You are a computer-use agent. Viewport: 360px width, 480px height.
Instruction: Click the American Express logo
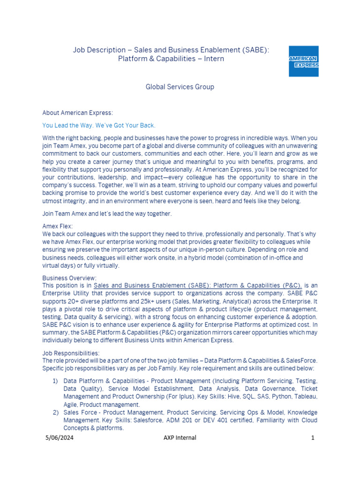[x=303, y=61]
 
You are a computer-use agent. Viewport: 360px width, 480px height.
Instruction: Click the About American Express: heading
[x=77, y=113]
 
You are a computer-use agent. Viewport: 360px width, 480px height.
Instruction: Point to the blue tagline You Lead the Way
[x=98, y=126]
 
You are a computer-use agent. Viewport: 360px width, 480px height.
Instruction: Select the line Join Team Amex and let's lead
[x=107, y=214]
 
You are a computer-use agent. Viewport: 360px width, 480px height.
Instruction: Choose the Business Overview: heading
[x=69, y=278]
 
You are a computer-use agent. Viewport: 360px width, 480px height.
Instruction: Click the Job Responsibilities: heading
[x=71, y=353]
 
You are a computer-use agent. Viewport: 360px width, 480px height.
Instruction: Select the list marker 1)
[x=55, y=381]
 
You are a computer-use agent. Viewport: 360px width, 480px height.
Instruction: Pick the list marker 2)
[x=55, y=412]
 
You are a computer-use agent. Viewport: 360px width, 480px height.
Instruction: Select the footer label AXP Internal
[x=180, y=438]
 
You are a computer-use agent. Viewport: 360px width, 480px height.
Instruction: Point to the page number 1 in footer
[x=312, y=438]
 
